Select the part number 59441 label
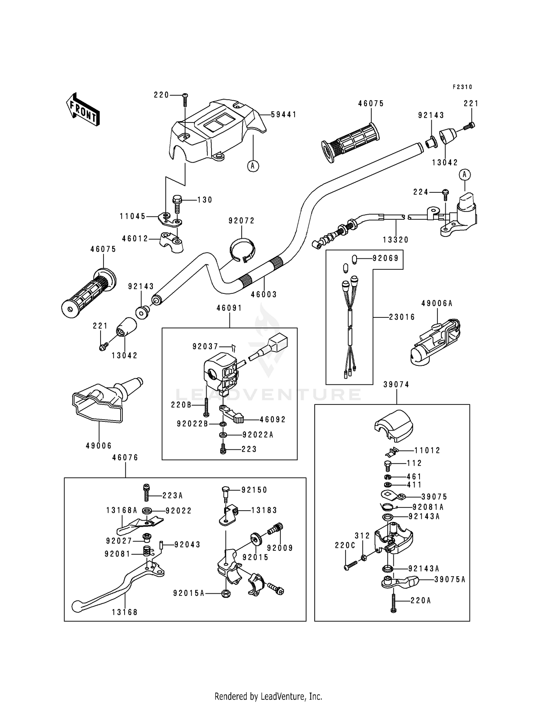point(284,115)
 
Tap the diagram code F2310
point(463,87)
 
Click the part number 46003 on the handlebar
point(264,295)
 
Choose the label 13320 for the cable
point(396,240)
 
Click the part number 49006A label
point(437,303)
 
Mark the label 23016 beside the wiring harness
point(402,317)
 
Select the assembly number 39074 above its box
point(396,384)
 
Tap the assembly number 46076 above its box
point(125,458)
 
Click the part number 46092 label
point(273,419)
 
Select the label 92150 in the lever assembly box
point(254,490)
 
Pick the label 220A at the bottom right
point(420,600)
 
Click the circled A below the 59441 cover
point(253,166)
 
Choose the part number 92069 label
point(386,258)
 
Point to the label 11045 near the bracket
point(133,216)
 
